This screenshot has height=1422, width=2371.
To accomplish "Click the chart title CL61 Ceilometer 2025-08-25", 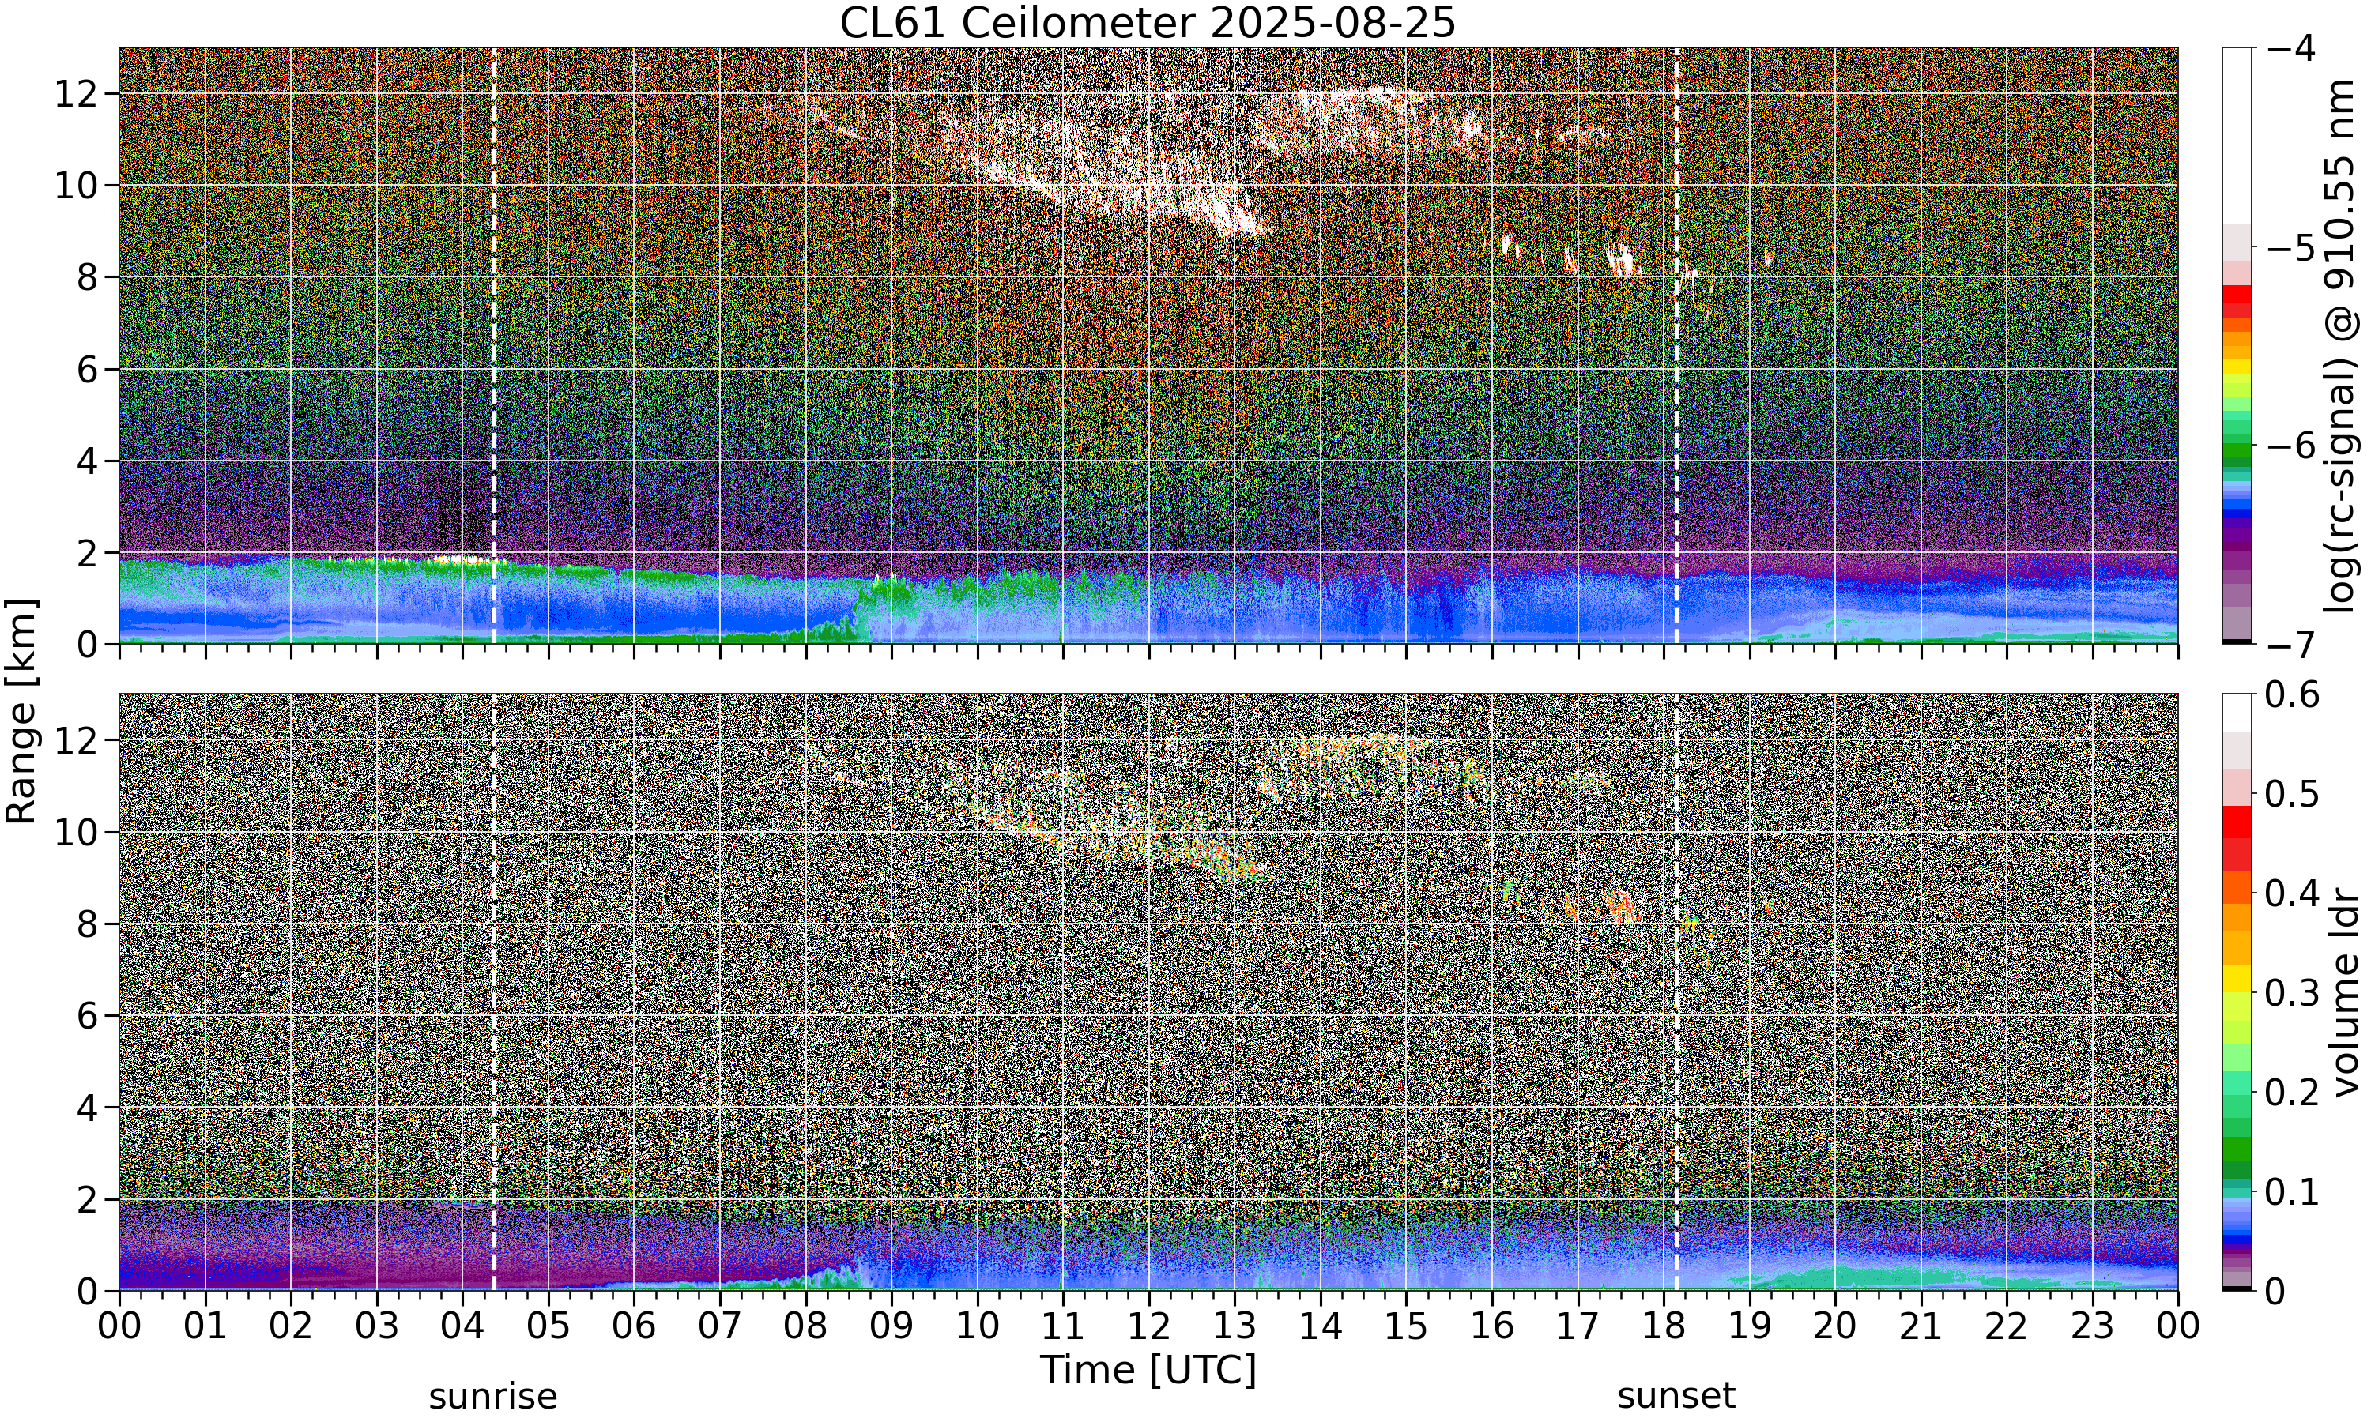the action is click(1147, 23).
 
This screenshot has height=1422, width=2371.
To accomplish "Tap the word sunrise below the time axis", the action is click(492, 1396).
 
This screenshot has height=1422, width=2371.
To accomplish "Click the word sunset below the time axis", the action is click(1676, 1396).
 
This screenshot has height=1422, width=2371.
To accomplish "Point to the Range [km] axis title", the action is click(21, 711).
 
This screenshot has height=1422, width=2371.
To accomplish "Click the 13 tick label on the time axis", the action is click(1235, 1326).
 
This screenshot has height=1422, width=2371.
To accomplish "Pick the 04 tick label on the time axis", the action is click(462, 1326).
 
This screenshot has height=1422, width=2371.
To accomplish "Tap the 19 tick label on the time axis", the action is click(1749, 1326).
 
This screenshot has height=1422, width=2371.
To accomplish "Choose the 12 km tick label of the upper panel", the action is click(76, 94).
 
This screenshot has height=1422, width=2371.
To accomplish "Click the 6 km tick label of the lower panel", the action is click(87, 1016).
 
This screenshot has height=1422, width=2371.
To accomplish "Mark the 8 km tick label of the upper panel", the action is click(87, 278).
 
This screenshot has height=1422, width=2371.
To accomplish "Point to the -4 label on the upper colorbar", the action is click(2290, 48).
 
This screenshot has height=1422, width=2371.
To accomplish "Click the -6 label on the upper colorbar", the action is click(2290, 446).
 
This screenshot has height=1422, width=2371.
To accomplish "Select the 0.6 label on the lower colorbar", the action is click(2293, 694).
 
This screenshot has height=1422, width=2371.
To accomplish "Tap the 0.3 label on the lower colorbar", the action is click(2293, 993).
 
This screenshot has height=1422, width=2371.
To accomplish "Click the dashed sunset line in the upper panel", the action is click(1676, 346).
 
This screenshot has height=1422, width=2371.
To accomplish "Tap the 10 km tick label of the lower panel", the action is click(76, 833).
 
